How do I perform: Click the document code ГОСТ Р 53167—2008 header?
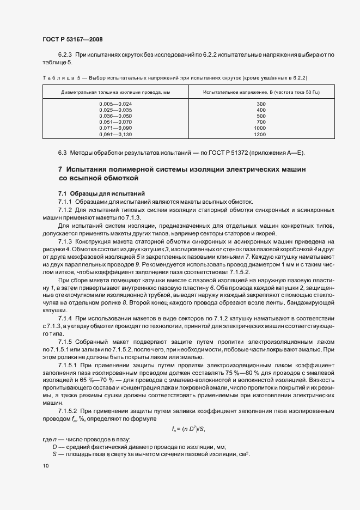pyautogui.click(x=72, y=39)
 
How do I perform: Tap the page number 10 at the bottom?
pyautogui.click(x=45, y=466)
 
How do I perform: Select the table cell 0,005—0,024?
pyautogui.click(x=115, y=104)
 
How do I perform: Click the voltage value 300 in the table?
pyautogui.click(x=260, y=104)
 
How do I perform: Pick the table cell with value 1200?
pyautogui.click(x=260, y=134)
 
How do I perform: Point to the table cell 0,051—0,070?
pyautogui.click(x=115, y=122)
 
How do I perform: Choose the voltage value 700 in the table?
pyautogui.click(x=260, y=122)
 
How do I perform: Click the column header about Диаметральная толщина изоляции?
pyautogui.click(x=115, y=93)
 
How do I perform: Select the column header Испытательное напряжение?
pyautogui.click(x=260, y=93)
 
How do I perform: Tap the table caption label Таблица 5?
pyautogui.click(x=60, y=77)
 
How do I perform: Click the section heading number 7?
pyautogui.click(x=60, y=169)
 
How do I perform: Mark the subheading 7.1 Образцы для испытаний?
pyautogui.click(x=94, y=193)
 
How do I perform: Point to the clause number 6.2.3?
pyautogui.click(x=66, y=56)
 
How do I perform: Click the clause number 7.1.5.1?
pyautogui.click(x=69, y=362)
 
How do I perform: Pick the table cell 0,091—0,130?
pyautogui.click(x=115, y=134)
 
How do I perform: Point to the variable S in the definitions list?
pyautogui.click(x=54, y=454)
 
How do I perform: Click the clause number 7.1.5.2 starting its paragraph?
pyautogui.click(x=69, y=409)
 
